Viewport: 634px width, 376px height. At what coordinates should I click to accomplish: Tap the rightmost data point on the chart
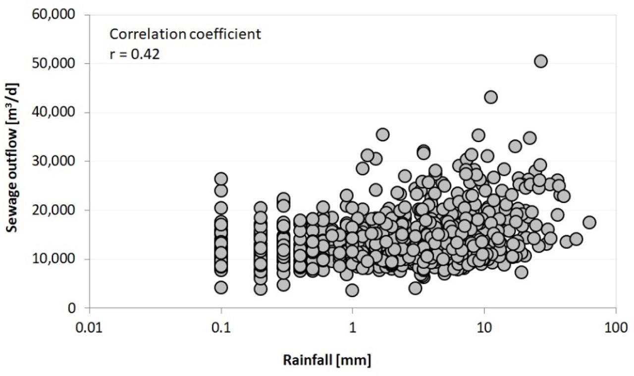click(589, 223)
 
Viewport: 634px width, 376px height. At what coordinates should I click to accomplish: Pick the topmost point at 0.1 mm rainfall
click(221, 179)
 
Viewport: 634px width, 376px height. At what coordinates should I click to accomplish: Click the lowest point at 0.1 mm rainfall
click(221, 287)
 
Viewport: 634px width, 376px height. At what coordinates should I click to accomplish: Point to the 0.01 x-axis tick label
click(89, 327)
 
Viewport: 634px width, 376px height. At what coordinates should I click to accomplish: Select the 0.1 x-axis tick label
click(221, 327)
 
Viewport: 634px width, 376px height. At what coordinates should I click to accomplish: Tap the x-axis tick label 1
click(352, 327)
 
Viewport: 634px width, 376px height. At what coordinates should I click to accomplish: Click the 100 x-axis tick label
click(616, 327)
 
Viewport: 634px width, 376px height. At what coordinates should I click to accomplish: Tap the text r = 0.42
click(135, 54)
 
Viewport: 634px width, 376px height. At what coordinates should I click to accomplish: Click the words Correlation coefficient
click(185, 35)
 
